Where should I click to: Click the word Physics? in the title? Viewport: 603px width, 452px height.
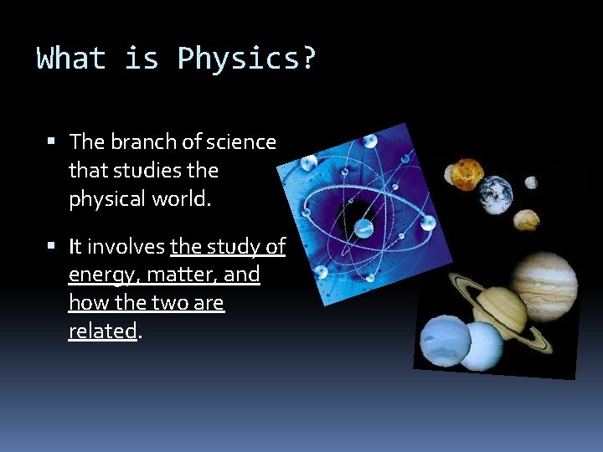click(247, 59)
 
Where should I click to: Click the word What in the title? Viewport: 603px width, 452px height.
click(71, 59)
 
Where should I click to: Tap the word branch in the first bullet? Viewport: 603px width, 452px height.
click(137, 142)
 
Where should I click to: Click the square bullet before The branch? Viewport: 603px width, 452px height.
click(52, 142)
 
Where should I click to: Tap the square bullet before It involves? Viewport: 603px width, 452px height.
click(52, 247)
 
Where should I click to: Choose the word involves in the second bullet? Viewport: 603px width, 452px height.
click(126, 247)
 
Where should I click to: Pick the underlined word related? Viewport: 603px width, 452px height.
click(102, 331)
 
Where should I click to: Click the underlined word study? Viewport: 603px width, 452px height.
click(230, 247)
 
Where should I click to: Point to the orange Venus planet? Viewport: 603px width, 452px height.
click(466, 173)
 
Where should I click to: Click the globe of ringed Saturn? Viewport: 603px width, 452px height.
click(499, 311)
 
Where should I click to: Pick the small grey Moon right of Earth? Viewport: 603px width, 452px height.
click(531, 182)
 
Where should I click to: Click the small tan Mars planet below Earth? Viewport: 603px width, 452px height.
click(526, 219)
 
